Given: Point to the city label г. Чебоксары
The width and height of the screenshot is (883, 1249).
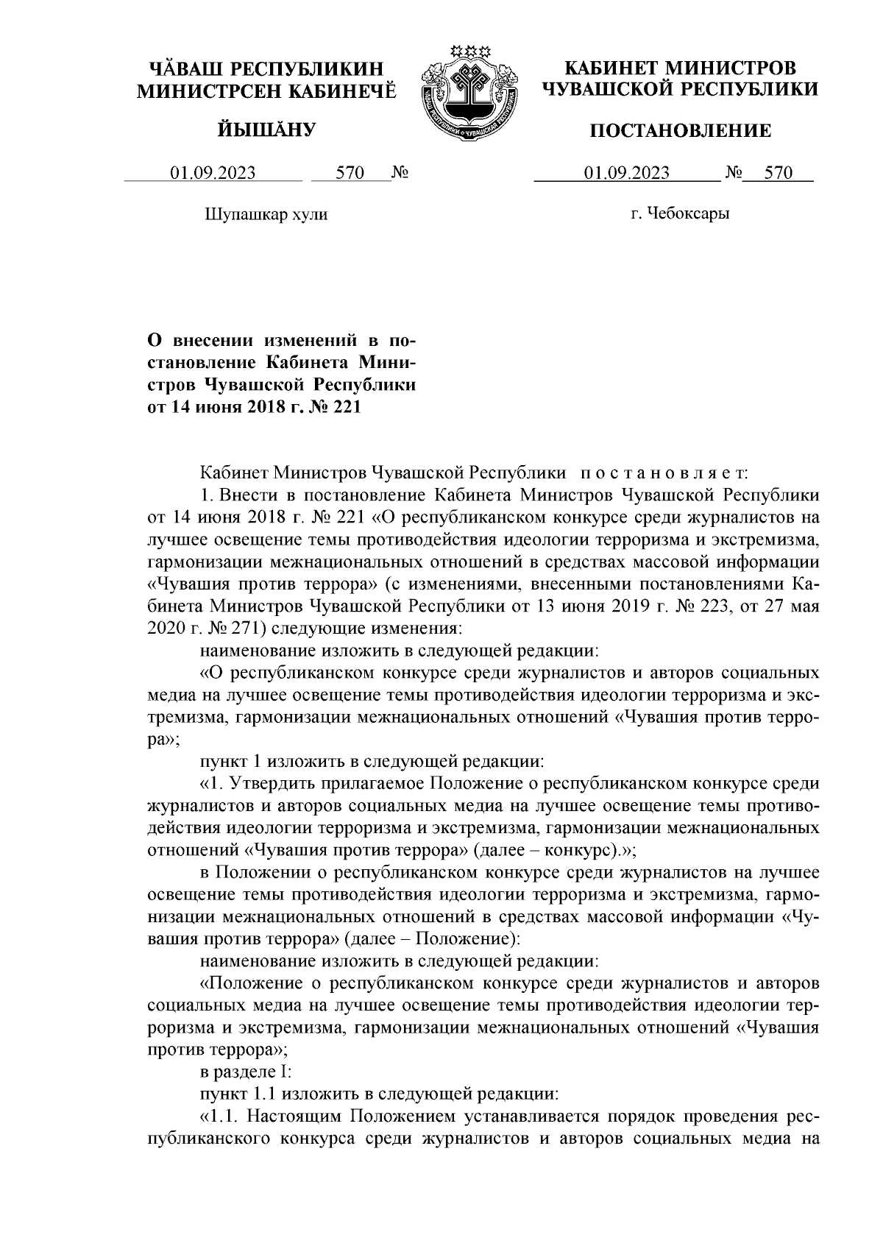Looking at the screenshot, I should point(680,214).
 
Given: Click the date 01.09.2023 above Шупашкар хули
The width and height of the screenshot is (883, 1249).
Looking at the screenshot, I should point(213,174).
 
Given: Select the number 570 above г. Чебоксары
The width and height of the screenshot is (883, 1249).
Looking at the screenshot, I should point(778,174).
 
